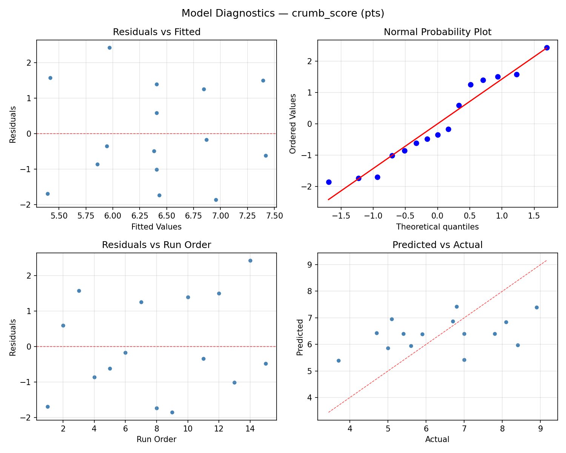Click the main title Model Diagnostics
283,14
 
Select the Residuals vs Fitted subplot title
157,32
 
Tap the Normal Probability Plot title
437,32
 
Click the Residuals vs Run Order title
157,245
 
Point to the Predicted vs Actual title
437,245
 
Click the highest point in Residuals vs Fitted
109,48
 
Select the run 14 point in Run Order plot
250,260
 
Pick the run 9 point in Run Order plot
172,412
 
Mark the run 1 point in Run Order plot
48,407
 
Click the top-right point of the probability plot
547,48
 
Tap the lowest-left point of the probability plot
329,182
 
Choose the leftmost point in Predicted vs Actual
338,361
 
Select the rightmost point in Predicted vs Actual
537,307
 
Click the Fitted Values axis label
157,227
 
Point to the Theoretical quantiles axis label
437,227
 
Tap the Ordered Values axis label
293,123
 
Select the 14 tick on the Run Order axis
250,429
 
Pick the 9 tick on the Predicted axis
310,265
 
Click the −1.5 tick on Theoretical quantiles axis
341,216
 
